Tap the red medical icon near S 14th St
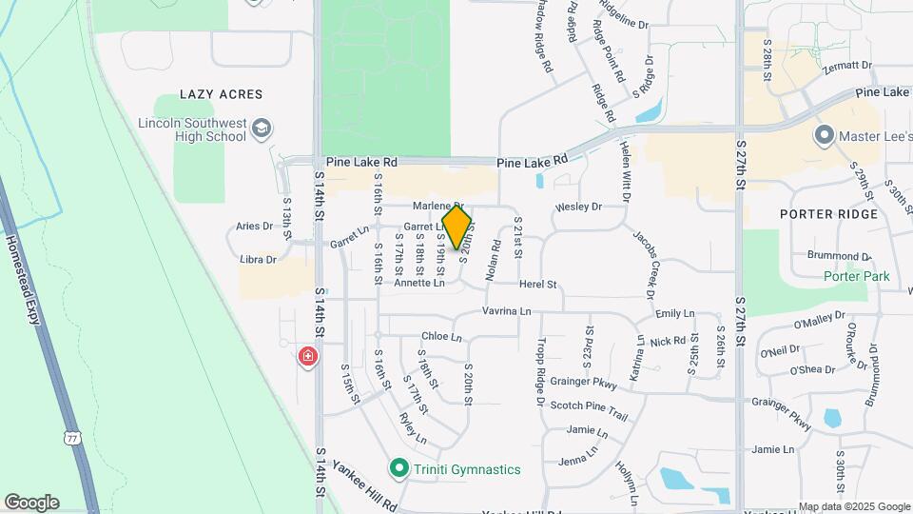click(x=307, y=357)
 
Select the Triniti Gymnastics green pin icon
click(x=400, y=468)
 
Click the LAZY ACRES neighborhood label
click(x=222, y=95)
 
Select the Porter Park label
click(x=857, y=277)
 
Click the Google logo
click(x=31, y=502)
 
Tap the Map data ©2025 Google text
click(x=853, y=506)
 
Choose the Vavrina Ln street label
click(x=506, y=311)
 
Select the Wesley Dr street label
click(x=579, y=207)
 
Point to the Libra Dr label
click(x=258, y=259)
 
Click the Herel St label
click(x=537, y=285)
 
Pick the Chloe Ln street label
click(x=441, y=337)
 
